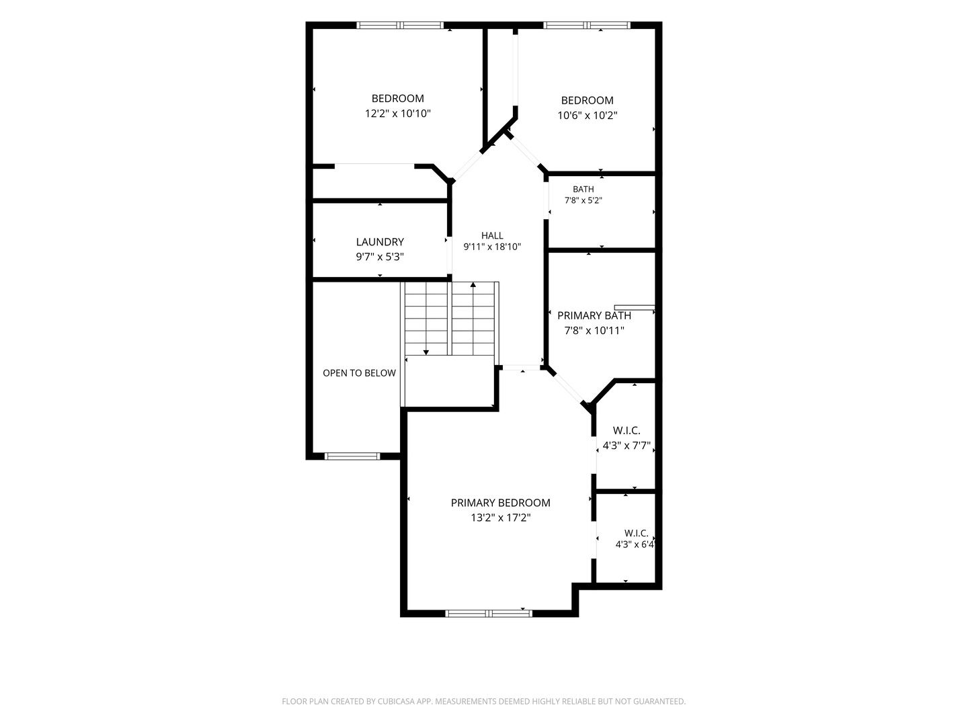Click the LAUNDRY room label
point(380,242)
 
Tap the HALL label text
point(492,235)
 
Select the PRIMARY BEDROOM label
point(501,503)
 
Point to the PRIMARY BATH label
point(594,316)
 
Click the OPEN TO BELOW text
point(359,373)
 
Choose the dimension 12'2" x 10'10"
point(397,114)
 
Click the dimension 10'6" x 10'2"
point(587,115)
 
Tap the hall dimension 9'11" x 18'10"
point(492,247)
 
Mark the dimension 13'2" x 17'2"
point(501,518)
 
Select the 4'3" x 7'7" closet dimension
point(627,446)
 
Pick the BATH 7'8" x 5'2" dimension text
point(583,200)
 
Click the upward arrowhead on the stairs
point(473,285)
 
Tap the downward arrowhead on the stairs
point(426,352)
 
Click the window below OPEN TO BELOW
point(352,456)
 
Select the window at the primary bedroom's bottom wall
point(489,613)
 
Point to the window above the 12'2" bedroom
point(400,26)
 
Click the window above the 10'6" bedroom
point(587,26)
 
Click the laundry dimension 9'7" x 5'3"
point(380,257)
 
